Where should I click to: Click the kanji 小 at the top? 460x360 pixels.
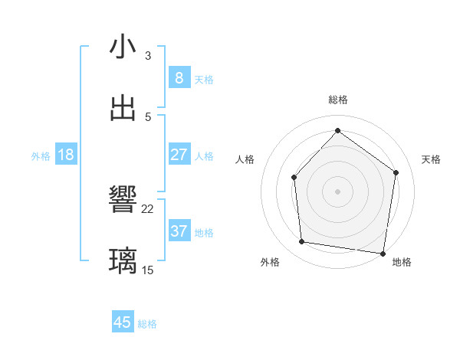(x=123, y=48)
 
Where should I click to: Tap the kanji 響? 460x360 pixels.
(x=123, y=201)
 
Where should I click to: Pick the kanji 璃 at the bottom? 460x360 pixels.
(x=123, y=260)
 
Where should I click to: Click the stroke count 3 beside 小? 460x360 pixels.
(x=148, y=56)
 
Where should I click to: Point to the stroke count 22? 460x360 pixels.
(x=148, y=209)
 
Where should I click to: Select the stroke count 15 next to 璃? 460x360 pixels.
(x=148, y=270)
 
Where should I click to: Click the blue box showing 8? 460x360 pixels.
(x=179, y=77)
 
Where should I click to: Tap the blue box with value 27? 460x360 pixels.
(x=179, y=155)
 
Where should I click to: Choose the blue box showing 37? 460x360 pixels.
(x=179, y=231)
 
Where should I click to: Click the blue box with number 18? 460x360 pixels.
(x=66, y=155)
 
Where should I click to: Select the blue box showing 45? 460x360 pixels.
(x=123, y=322)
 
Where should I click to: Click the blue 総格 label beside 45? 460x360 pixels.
(x=148, y=324)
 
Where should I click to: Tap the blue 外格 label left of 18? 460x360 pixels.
(x=41, y=156)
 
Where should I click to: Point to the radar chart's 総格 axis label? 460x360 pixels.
(x=337, y=100)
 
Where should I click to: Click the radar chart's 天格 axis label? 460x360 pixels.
(x=431, y=159)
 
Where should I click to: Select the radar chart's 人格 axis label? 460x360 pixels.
(x=245, y=159)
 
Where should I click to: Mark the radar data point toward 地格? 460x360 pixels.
(x=383, y=252)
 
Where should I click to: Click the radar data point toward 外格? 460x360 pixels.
(x=302, y=242)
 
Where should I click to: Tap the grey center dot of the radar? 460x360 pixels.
(x=337, y=191)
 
